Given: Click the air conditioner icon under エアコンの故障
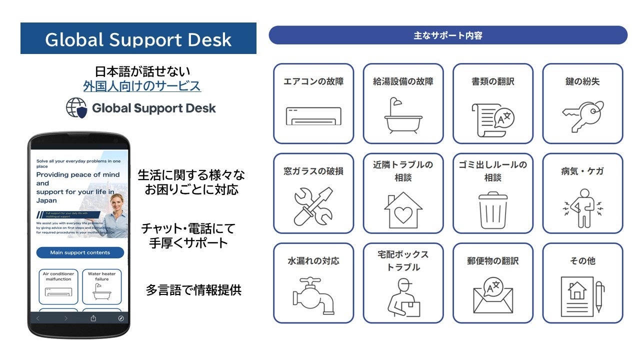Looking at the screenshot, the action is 313,116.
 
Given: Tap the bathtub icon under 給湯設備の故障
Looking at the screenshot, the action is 403,116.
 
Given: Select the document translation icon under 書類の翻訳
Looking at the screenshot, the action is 493,119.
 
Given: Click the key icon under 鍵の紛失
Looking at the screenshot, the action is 582,116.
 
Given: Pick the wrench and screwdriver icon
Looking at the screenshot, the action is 313,205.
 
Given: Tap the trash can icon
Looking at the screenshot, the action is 493,210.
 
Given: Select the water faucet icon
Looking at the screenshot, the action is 313,295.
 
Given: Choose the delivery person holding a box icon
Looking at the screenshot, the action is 403,297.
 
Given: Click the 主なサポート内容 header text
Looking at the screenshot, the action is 447,35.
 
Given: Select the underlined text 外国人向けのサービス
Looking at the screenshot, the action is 142,86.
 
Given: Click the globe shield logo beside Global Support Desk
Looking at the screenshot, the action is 76,108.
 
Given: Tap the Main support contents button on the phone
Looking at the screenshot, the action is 80,252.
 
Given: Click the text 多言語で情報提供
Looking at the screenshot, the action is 193,290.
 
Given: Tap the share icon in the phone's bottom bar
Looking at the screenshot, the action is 93,318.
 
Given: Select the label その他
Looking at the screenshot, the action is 582,260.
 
